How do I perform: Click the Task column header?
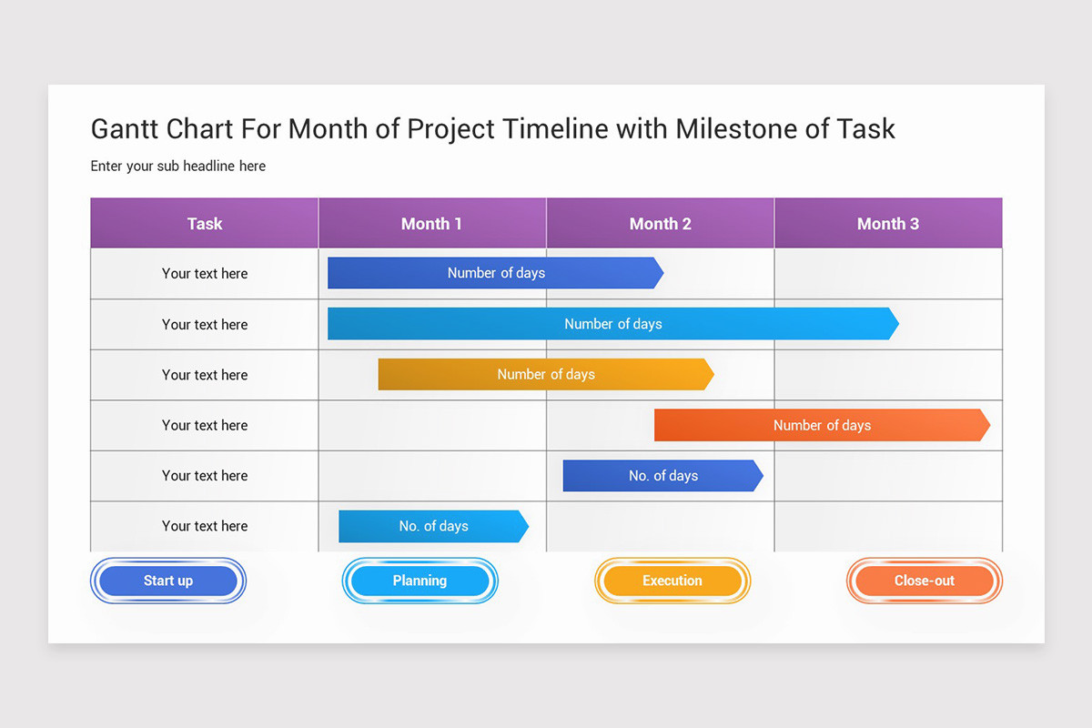205,224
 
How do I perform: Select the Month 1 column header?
431,224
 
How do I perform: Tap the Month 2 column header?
660,224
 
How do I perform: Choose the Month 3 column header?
888,224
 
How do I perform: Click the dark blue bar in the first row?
495,273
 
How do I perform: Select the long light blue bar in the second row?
612,324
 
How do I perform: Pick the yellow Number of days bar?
545,375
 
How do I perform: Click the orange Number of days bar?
822,425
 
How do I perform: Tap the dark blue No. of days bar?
662,476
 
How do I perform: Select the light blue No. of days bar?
433,526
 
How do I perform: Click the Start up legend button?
168,581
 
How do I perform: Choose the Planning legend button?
420,581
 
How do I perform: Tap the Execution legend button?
672,581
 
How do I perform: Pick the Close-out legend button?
925,581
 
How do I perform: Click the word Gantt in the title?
125,129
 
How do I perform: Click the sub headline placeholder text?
178,167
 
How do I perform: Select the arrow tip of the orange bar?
984,425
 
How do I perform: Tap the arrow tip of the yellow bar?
708,375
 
